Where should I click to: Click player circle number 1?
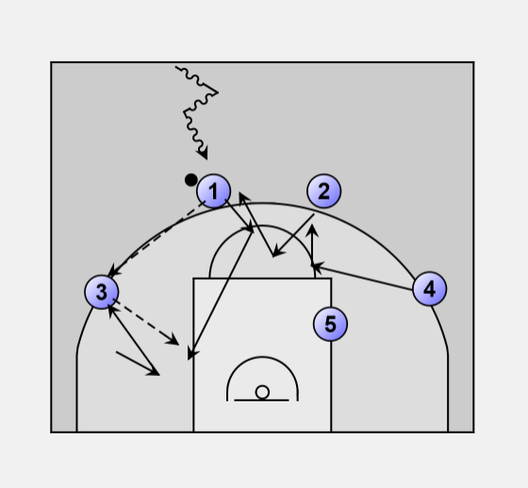[x=213, y=191]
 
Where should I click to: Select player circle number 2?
[x=324, y=191]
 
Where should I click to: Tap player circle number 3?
[x=102, y=292]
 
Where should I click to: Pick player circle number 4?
[x=429, y=289]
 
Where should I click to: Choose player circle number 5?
[x=330, y=324]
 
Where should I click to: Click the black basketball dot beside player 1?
[x=190, y=180]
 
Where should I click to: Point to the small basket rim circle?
[x=262, y=392]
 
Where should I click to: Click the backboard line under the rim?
[x=261, y=400]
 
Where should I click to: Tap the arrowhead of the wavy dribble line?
[x=204, y=154]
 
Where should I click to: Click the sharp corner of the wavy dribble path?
[x=218, y=92]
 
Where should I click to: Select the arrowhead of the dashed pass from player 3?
[x=173, y=340]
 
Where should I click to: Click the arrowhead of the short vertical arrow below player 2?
[x=312, y=230]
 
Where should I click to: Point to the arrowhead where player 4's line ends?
[x=317, y=267]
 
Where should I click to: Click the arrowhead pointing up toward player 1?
[x=243, y=197]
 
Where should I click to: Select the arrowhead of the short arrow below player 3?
[x=153, y=372]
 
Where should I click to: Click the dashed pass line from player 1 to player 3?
[x=157, y=237]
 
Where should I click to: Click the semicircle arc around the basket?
[x=262, y=357]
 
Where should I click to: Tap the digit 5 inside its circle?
[x=330, y=324]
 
